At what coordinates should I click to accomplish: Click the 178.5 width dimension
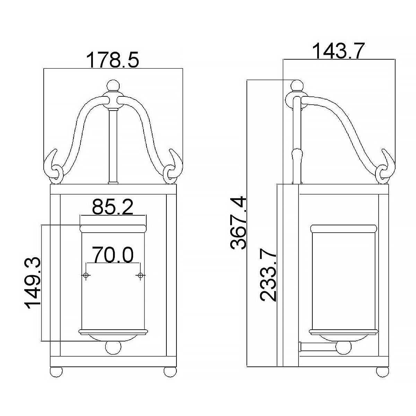(x=113, y=60)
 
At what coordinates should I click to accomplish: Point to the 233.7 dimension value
(x=268, y=276)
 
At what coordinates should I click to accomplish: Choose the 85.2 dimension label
(x=113, y=208)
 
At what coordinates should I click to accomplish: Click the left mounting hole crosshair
(x=86, y=275)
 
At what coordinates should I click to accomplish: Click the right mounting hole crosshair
(x=140, y=275)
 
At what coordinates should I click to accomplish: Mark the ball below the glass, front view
(x=113, y=348)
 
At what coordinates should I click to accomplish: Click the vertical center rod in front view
(x=113, y=146)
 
